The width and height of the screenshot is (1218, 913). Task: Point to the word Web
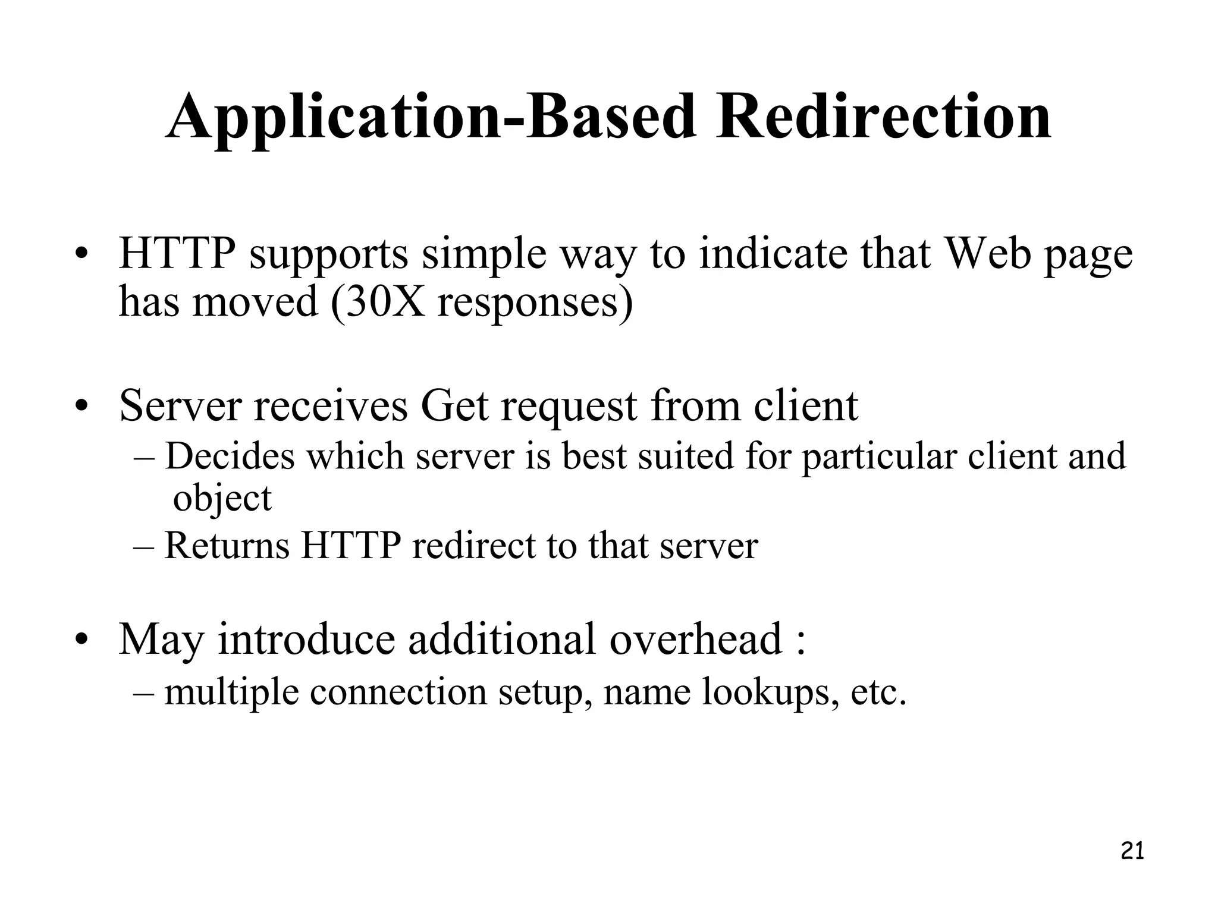987,254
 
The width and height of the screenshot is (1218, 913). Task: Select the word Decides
230,456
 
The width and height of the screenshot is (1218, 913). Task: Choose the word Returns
227,546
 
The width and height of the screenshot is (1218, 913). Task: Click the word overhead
695,639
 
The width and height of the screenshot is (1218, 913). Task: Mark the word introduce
306,639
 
